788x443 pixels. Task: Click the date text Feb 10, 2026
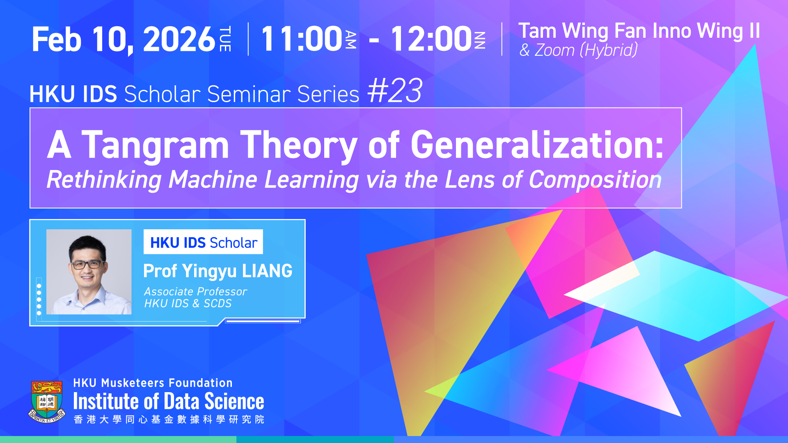pos(124,39)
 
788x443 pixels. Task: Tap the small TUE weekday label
pos(225,39)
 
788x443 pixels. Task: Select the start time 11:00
pos(302,39)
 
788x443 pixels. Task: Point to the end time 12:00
pos(431,39)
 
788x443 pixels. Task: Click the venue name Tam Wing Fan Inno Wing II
pos(639,31)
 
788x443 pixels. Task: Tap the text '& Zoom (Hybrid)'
pos(578,50)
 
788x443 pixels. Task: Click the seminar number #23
pos(395,91)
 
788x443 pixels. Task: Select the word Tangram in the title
pos(155,145)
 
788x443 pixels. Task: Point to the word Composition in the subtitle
pos(595,180)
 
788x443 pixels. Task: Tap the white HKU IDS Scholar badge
pos(203,242)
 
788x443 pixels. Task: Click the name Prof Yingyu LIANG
pos(218,271)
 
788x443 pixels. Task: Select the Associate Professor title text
pos(195,292)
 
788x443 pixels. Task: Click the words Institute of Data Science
pos(169,402)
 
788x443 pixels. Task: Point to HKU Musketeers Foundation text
pos(153,383)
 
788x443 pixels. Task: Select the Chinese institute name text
pos(169,419)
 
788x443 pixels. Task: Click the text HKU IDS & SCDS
pos(188,304)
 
